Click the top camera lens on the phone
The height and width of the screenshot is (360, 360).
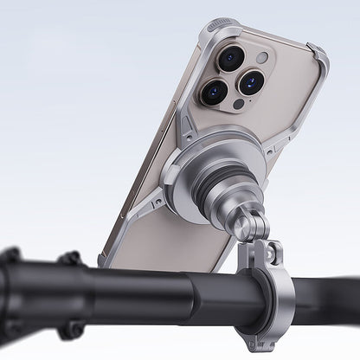[231, 59]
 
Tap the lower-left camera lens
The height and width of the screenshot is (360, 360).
[215, 92]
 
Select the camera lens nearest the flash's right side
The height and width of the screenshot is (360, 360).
[251, 83]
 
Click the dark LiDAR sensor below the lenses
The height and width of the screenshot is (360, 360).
[238, 105]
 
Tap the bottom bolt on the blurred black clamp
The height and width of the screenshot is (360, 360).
[73, 330]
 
